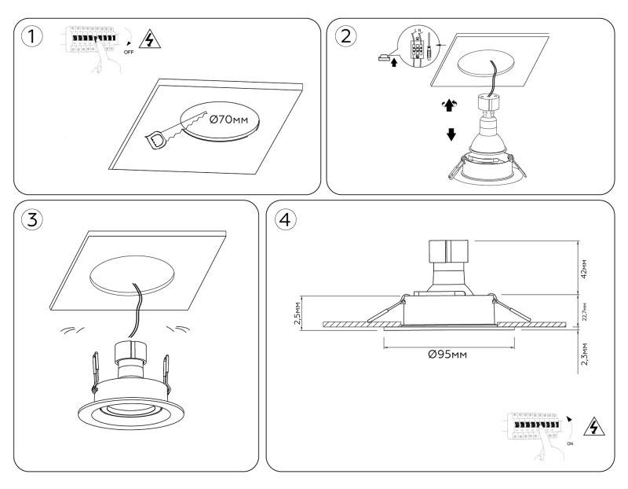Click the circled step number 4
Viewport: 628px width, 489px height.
(x=284, y=219)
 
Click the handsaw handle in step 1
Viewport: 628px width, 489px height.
(x=157, y=139)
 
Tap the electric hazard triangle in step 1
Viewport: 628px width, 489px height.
(x=147, y=40)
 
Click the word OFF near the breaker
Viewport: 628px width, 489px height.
(x=128, y=52)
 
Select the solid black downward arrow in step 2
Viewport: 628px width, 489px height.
(x=451, y=134)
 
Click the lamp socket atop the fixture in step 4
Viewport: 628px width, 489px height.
(x=447, y=257)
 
